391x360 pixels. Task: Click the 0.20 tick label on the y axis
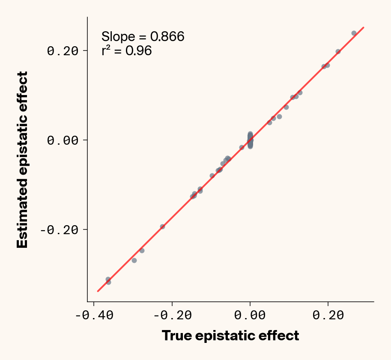[x=63, y=51]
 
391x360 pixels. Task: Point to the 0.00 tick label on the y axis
[x=63, y=140]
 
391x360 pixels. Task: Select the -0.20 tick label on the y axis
[x=59, y=230]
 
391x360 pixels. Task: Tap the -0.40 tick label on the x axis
[x=94, y=315]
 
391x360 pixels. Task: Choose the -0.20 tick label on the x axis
[x=172, y=315]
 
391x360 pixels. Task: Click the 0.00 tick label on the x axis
[x=250, y=315]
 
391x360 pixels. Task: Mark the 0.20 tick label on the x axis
[x=328, y=315]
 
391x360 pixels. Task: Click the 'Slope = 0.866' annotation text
[x=143, y=37]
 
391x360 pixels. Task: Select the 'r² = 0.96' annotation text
[x=126, y=51]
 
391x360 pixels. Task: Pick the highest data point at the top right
[x=354, y=33]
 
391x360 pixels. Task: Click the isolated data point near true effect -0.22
[x=162, y=226]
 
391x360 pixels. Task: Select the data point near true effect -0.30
[x=134, y=260]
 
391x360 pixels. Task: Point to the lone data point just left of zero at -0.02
[x=242, y=147]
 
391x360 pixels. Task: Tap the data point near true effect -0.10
[x=212, y=176]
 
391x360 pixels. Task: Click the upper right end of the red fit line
[x=364, y=27]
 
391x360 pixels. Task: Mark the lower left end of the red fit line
[x=98, y=292]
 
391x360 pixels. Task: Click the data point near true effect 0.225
[x=338, y=51]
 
